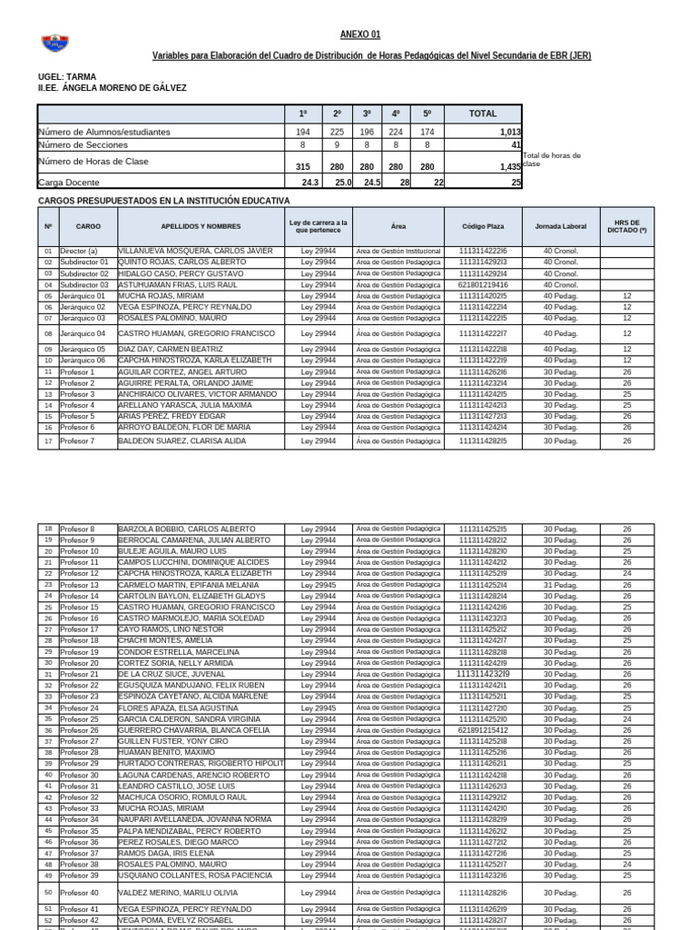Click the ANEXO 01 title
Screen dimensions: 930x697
(360, 35)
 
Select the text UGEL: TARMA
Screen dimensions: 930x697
(66, 77)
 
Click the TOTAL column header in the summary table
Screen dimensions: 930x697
(482, 114)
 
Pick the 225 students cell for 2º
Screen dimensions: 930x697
(337, 133)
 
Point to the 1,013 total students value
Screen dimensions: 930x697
(509, 133)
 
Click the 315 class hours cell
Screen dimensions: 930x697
(302, 167)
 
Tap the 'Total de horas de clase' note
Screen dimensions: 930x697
(551, 160)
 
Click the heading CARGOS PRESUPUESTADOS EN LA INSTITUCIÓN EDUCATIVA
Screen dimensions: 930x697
(163, 200)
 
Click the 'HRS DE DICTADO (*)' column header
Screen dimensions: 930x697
(626, 226)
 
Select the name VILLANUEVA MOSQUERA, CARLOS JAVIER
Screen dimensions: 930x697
(195, 251)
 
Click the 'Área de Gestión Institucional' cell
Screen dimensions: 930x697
(398, 251)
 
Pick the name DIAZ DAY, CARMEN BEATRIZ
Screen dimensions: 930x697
(171, 349)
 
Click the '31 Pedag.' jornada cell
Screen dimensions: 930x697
(560, 585)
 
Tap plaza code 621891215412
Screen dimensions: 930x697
(483, 730)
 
